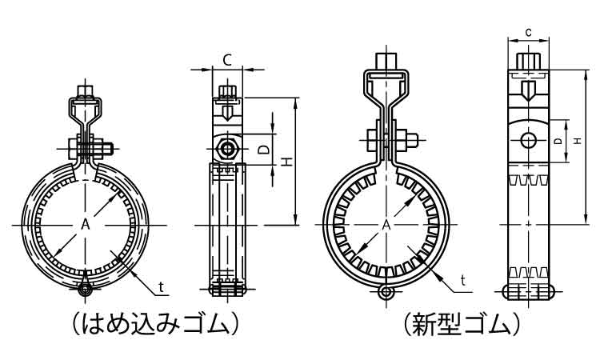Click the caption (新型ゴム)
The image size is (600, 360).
click(463, 324)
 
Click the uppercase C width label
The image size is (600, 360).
click(227, 59)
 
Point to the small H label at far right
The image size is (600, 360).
click(577, 141)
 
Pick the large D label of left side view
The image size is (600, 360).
click(262, 149)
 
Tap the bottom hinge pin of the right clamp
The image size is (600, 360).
click(387, 293)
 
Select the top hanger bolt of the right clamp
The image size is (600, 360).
click(387, 62)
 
